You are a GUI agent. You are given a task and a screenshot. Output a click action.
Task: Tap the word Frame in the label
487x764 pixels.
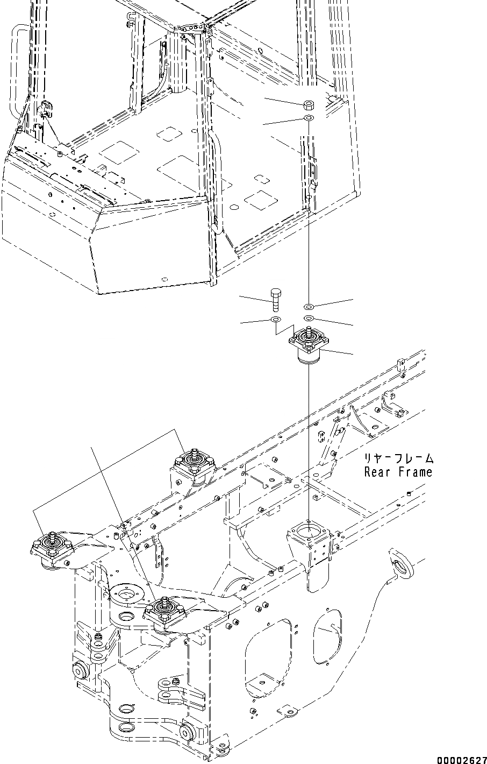[415, 472]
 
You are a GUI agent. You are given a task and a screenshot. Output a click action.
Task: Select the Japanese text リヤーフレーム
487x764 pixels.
[398, 459]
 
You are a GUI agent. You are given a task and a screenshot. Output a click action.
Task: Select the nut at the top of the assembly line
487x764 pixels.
[309, 103]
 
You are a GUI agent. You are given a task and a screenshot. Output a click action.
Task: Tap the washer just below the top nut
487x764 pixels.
[309, 117]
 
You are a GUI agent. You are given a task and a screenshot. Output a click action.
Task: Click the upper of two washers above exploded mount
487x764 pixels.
[309, 307]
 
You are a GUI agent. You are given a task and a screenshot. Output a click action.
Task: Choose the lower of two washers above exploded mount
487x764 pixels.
[309, 320]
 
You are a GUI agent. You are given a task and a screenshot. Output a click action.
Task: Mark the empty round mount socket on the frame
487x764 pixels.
[309, 533]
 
